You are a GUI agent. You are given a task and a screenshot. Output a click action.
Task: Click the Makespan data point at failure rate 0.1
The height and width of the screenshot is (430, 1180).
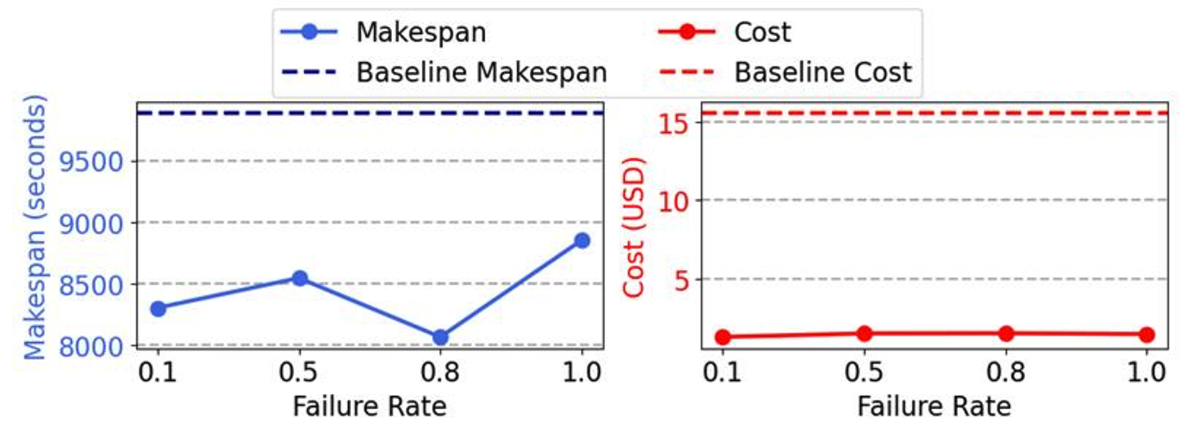158,309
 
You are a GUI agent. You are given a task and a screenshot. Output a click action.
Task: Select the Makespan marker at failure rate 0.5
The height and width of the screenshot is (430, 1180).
300,278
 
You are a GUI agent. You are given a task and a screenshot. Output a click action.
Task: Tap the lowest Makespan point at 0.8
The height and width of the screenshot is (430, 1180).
440,337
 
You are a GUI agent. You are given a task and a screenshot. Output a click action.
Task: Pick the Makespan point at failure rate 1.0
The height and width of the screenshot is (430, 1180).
582,240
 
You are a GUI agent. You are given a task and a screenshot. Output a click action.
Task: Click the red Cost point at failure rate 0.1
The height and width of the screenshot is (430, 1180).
722,337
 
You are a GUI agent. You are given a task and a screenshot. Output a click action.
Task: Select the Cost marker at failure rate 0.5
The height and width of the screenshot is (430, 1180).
864,333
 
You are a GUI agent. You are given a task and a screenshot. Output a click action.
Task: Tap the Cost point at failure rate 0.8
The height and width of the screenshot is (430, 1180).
1006,333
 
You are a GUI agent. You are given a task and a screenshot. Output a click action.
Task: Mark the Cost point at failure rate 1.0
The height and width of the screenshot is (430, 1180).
1147,334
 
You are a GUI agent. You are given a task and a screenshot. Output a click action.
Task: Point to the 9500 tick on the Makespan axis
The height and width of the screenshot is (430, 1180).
91,162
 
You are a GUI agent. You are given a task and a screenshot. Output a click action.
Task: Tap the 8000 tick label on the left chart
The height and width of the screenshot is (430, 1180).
91,346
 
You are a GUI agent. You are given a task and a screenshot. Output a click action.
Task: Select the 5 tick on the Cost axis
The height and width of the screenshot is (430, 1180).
682,280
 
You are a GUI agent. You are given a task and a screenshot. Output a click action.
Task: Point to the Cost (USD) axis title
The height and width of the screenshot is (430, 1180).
633,227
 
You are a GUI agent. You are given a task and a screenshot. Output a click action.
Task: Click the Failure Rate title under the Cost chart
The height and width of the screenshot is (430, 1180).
933,406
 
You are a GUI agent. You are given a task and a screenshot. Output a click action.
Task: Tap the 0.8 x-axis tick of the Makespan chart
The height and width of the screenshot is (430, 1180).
440,372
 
